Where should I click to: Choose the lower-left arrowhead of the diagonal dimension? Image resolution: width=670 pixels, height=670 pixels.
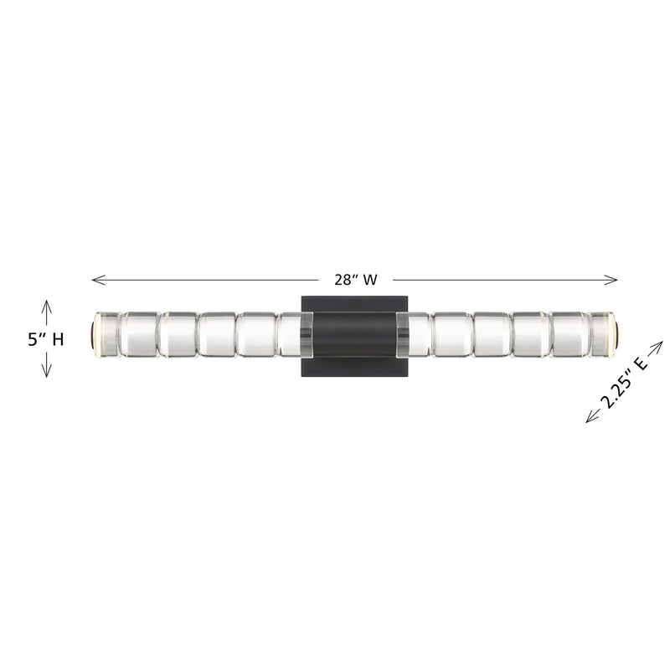point(589,420)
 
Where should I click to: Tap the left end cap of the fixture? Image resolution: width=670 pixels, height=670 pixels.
point(91,335)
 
